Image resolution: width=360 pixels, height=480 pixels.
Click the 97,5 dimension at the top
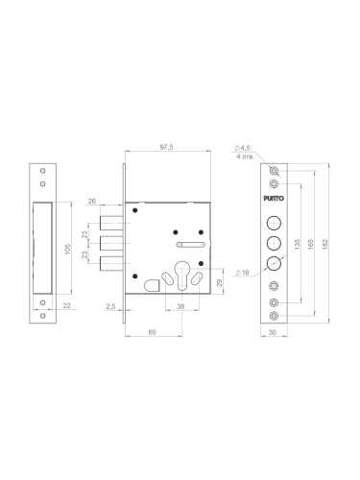167,147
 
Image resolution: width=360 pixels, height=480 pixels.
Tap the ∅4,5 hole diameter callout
242,147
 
